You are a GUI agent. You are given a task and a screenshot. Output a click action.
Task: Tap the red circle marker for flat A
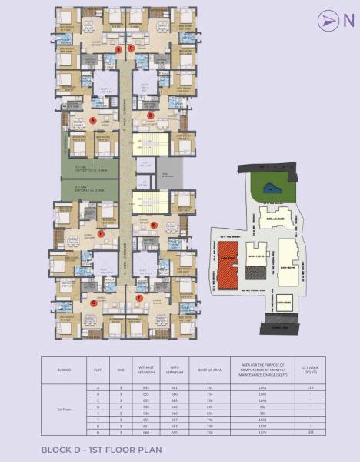[93, 120]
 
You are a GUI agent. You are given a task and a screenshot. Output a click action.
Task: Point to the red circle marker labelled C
[131, 49]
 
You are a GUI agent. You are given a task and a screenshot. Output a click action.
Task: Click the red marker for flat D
[150, 115]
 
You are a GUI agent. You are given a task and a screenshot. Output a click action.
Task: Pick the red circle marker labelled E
[155, 225]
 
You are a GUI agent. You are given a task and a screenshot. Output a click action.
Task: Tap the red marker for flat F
[139, 296]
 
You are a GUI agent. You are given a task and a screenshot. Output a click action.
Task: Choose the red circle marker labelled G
[93, 303]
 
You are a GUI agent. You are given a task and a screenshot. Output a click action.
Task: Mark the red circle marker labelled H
[101, 233]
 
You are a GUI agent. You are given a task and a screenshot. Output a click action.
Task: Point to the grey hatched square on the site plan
[285, 303]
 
